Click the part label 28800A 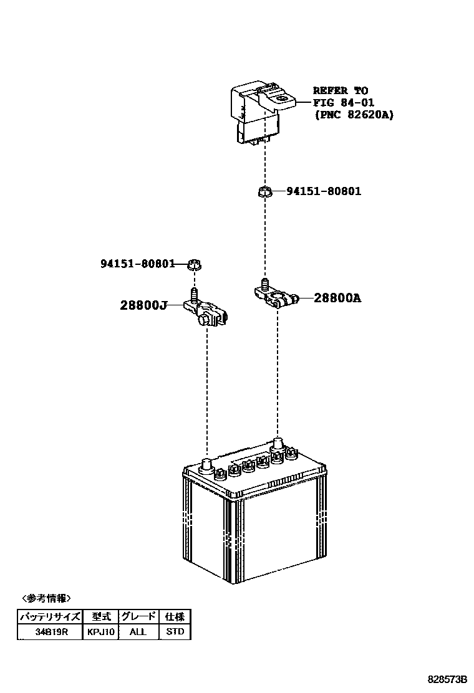tap(337, 298)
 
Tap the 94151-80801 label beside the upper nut tap(324, 191)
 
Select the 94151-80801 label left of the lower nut tap(138, 264)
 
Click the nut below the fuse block tap(264, 191)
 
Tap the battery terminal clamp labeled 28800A tap(276, 295)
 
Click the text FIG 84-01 tap(344, 103)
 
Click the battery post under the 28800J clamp tap(206, 464)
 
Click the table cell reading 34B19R tap(50, 631)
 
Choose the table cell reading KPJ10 tap(101, 631)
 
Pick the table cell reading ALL tap(138, 631)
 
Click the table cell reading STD tap(175, 631)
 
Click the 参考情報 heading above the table tap(46, 598)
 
